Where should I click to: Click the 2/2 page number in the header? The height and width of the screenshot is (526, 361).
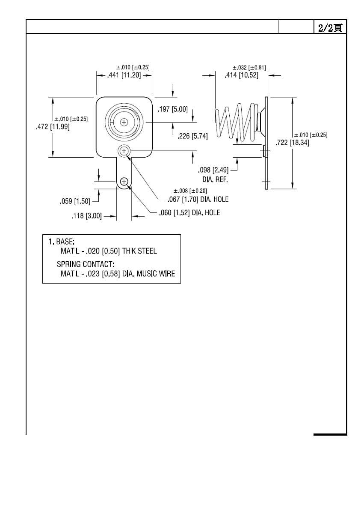tap(330, 27)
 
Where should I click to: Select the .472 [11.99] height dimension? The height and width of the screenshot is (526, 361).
tap(53, 127)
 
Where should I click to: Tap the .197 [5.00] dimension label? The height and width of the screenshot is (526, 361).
tap(172, 109)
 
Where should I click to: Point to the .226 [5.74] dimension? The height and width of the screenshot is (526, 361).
tap(192, 136)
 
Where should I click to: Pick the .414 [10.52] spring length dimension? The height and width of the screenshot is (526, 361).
tap(241, 75)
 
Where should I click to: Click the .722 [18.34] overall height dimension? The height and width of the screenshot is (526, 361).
tap(293, 143)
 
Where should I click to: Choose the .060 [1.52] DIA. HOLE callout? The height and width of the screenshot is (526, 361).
tap(189, 212)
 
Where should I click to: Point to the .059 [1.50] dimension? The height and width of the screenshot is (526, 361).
tap(75, 201)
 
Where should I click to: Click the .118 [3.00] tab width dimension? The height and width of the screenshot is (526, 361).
tap(86, 216)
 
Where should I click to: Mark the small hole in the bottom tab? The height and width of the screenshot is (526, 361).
tap(124, 182)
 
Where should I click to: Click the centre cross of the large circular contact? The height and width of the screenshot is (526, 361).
tap(124, 122)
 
